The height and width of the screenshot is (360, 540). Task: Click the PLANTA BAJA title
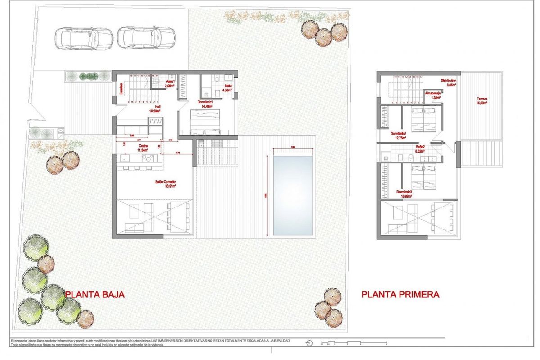(94, 295)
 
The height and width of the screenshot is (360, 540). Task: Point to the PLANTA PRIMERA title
(400, 295)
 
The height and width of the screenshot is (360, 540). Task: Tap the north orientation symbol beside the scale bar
(309, 343)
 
